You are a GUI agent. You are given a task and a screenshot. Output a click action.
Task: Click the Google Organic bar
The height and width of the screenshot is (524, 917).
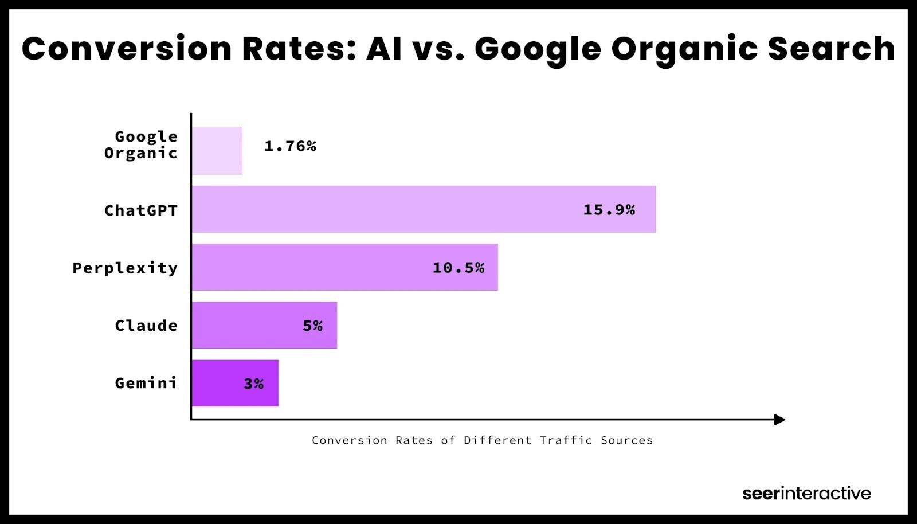[x=217, y=151]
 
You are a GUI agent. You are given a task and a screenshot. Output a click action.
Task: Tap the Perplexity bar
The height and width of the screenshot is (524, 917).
[x=344, y=267]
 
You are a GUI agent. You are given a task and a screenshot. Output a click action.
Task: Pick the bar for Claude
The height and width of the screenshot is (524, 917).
[x=264, y=325]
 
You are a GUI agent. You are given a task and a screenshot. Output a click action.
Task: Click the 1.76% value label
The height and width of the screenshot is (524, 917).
[x=290, y=146]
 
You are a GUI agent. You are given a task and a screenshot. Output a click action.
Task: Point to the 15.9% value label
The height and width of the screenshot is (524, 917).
[x=609, y=210]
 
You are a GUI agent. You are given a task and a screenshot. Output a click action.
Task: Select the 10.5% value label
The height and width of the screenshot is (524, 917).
[x=458, y=268]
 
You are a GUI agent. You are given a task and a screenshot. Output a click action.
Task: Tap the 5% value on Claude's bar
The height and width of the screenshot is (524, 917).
[x=312, y=326]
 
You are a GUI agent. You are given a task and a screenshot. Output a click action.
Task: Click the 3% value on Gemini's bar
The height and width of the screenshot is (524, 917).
[x=253, y=384]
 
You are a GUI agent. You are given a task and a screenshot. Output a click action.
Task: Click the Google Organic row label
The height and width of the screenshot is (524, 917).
[x=141, y=144]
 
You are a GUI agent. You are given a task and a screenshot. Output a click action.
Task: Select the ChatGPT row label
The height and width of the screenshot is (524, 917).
[x=141, y=210]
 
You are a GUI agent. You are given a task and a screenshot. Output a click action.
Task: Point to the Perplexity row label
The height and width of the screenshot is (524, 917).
[x=125, y=268]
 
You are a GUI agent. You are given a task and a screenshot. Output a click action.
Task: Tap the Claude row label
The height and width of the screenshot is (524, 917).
[x=146, y=326]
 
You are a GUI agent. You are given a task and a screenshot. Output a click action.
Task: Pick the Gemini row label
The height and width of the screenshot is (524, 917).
[x=146, y=383]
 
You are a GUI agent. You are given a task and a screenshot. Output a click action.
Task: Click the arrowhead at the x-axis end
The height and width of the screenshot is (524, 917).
[x=779, y=420]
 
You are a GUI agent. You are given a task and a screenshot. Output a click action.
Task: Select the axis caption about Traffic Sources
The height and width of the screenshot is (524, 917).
[x=482, y=440]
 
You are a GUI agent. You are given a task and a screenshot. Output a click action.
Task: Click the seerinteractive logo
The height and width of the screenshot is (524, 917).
[x=806, y=493]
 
